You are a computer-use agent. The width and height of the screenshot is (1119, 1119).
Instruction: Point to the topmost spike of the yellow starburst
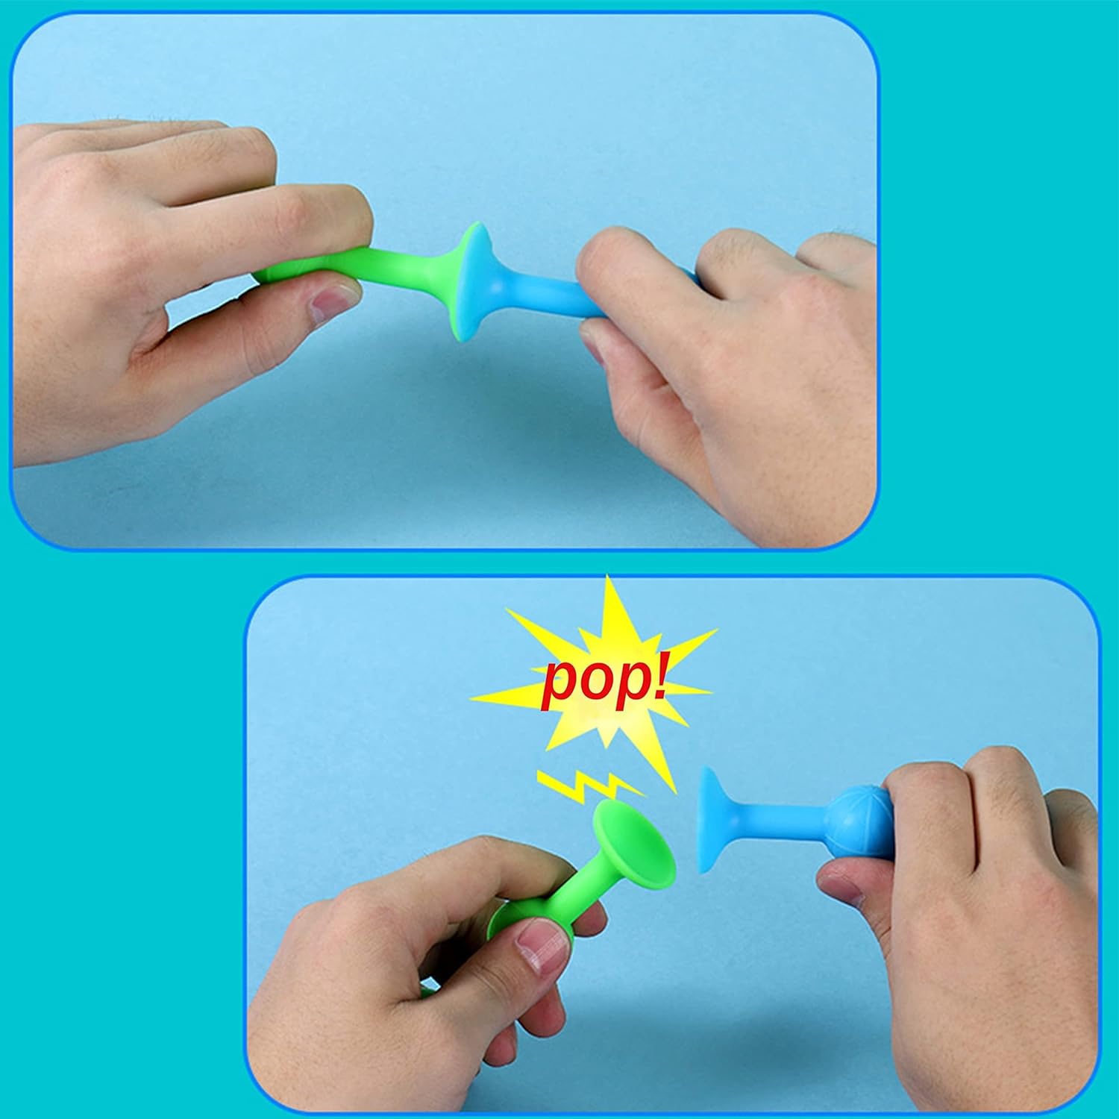(x=609, y=577)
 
